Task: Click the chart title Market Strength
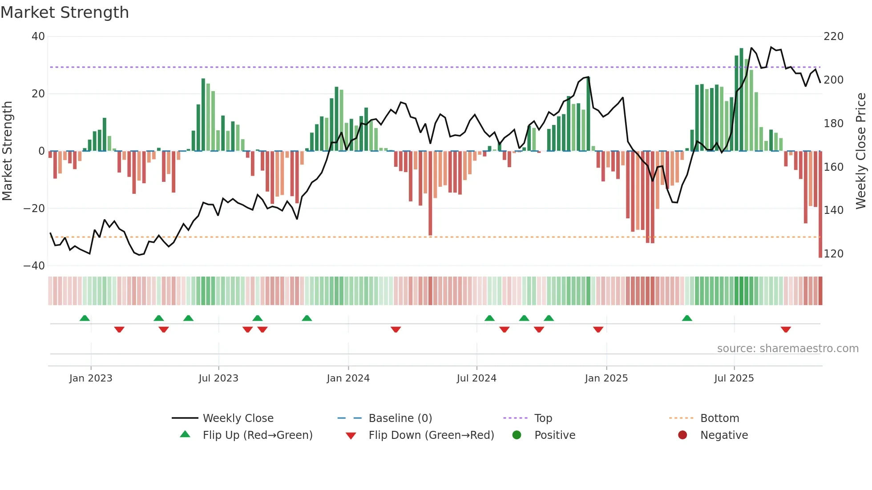pos(65,12)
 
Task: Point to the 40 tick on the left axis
pos(38,36)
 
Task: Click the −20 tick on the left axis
pos(34,209)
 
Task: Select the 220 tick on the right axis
pos(833,36)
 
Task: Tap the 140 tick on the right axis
pos(833,210)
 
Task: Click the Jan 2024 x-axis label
pos(348,378)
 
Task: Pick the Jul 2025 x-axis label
pos(734,378)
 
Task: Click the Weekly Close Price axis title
pos(861,151)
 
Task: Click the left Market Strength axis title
pos(8,151)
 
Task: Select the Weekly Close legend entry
pos(238,418)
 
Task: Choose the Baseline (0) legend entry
pos(400,418)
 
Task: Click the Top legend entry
pos(543,418)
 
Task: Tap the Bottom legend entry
pos(719,418)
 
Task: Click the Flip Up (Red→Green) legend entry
pos(257,435)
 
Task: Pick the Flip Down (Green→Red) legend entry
pos(431,435)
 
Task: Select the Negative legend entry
pos(724,435)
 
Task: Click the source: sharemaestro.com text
pos(787,349)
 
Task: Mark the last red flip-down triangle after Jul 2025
pos(786,329)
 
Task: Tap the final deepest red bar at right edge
pos(820,205)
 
